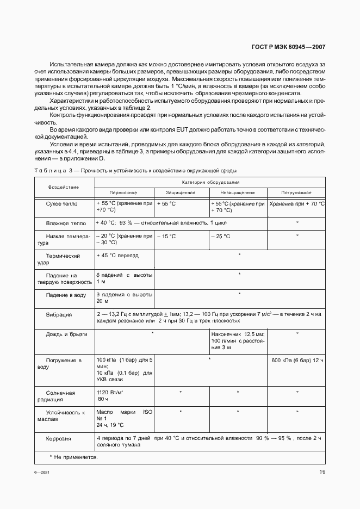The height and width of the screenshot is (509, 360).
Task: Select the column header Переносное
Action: pos(123,193)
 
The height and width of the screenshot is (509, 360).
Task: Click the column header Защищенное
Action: pos(182,193)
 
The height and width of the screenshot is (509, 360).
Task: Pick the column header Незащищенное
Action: pos(238,193)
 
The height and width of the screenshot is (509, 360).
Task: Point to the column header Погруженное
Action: pos(296,193)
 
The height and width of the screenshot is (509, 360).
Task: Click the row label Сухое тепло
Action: pos(62,204)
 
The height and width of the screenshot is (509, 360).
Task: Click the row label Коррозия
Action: pos(61,438)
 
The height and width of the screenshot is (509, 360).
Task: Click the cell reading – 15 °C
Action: pos(166,237)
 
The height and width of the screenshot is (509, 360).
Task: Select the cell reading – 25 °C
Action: pos(221,237)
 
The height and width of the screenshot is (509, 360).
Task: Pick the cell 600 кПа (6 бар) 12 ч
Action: pos(296,360)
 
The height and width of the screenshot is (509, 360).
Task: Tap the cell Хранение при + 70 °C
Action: pos(296,204)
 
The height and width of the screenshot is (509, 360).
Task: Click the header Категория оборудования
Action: pos(209,183)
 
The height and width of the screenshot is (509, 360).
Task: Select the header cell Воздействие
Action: pos(64,188)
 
